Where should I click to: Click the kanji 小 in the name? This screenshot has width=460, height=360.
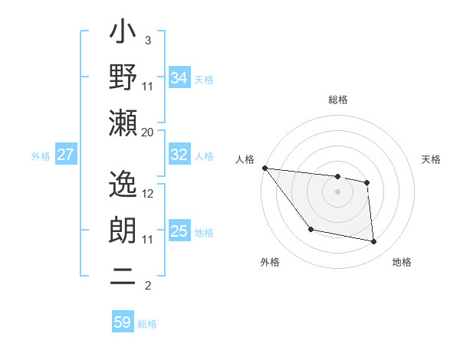pyautogui.click(x=123, y=36)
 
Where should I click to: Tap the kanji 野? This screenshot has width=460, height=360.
pyautogui.click(x=123, y=78)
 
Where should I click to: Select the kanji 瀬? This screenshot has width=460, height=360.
pyautogui.click(x=123, y=123)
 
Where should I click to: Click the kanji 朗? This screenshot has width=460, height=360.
pyautogui.click(x=123, y=231)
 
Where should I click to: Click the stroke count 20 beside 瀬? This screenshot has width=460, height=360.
pyautogui.click(x=147, y=132)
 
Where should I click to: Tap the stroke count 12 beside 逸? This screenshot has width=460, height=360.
pyautogui.click(x=148, y=194)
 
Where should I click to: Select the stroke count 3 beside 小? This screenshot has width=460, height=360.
pyautogui.click(x=147, y=40)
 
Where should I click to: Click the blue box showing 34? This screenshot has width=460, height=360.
pyautogui.click(x=179, y=77)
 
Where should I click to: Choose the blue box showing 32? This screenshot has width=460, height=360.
pyautogui.click(x=179, y=155)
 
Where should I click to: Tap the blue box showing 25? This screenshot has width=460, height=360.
pyautogui.click(x=179, y=231)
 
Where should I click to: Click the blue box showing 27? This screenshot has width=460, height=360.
pyautogui.click(x=66, y=155)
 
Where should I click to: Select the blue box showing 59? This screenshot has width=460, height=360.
pyautogui.click(x=123, y=322)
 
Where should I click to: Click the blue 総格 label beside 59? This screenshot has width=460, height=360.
pyautogui.click(x=147, y=324)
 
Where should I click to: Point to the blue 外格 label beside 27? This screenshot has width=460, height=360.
pyautogui.click(x=41, y=156)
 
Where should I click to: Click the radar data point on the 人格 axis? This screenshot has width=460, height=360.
pyautogui.click(x=264, y=168)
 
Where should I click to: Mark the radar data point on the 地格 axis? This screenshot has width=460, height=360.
pyautogui.click(x=374, y=242)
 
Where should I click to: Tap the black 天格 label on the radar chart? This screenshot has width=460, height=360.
pyautogui.click(x=431, y=159)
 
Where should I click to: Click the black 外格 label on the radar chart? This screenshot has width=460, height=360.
pyautogui.click(x=270, y=262)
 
